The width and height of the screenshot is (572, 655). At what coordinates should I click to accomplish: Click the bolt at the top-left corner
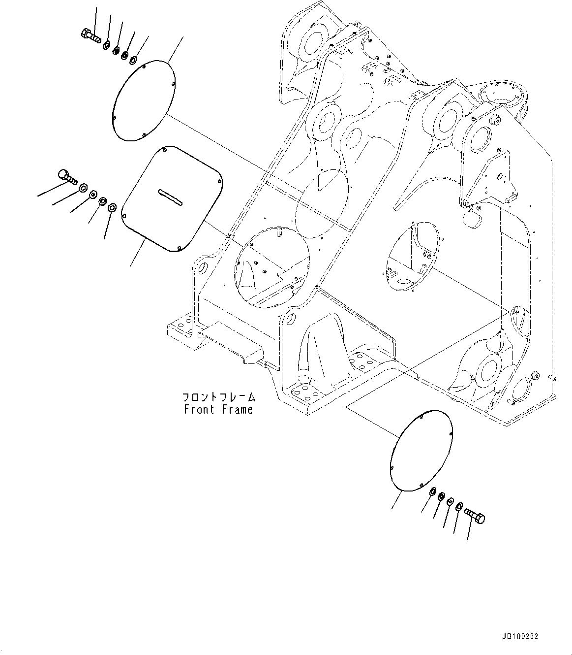[90, 35]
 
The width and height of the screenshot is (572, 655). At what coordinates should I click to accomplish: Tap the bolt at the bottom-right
[474, 516]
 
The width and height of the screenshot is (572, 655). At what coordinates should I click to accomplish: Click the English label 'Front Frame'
[218, 409]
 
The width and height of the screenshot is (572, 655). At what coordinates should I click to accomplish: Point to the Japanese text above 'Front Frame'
[219, 397]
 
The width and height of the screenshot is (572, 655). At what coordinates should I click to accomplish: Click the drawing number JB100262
[521, 636]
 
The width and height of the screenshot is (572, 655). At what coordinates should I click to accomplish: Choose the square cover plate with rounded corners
[171, 199]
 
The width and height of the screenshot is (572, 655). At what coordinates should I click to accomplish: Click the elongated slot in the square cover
[170, 196]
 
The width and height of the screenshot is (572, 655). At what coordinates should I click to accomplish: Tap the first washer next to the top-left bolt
[106, 45]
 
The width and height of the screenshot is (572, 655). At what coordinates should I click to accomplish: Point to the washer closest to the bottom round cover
[432, 492]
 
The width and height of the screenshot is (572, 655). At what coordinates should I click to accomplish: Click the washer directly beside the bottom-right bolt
[459, 506]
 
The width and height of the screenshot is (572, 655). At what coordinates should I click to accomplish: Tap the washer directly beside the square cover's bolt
[83, 188]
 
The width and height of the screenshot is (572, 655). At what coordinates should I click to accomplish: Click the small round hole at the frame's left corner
[201, 270]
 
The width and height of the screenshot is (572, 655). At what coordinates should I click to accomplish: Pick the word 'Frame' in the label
[238, 409]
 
